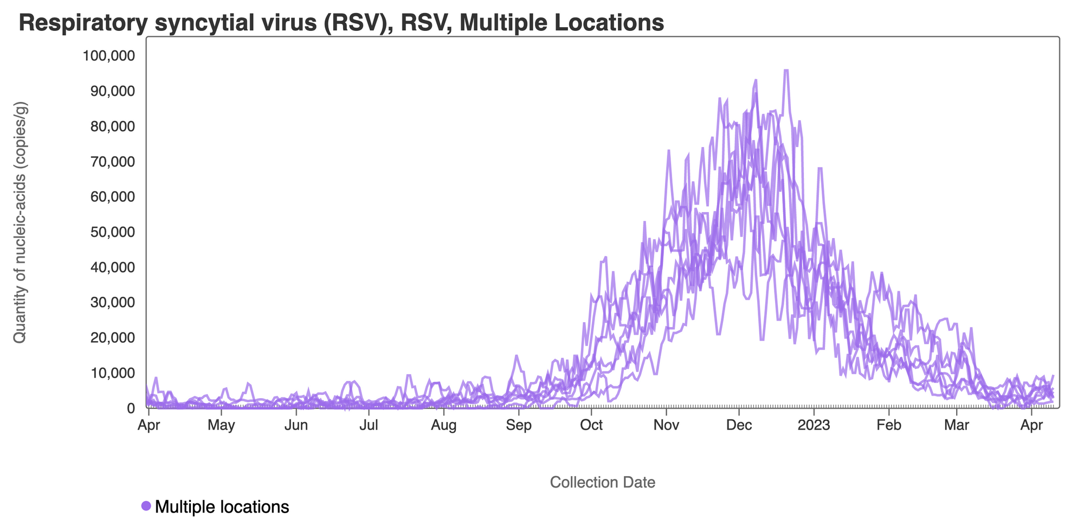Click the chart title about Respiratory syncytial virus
click(341, 23)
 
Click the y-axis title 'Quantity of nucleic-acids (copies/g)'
click(20, 222)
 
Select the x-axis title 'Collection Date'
click(602, 482)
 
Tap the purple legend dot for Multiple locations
click(146, 506)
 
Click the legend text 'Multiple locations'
click(222, 507)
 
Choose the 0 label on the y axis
click(131, 408)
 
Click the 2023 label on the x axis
click(814, 425)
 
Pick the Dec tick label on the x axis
click(739, 425)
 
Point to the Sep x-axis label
click(519, 425)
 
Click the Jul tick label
click(369, 425)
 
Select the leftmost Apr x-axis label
click(149, 425)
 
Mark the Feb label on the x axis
click(889, 425)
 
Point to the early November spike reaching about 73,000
click(669, 151)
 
